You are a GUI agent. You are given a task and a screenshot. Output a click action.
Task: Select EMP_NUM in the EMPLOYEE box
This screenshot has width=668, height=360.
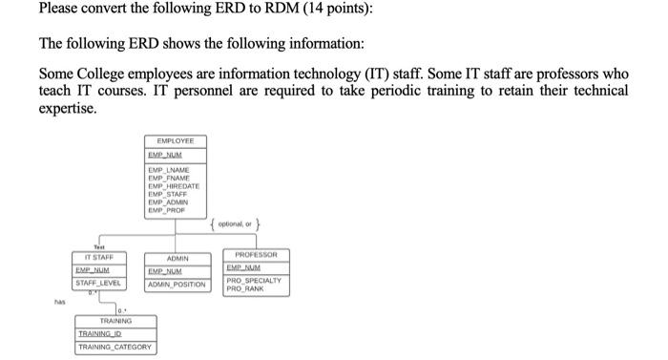click(x=165, y=154)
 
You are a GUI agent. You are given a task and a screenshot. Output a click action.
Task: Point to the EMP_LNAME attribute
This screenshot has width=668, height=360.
click(x=168, y=169)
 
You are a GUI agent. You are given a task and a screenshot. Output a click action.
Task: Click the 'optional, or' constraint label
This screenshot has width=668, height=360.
click(x=234, y=225)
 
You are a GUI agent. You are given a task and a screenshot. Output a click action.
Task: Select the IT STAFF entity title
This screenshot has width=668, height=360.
click(x=98, y=257)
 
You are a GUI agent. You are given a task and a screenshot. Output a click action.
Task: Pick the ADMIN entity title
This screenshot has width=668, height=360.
click(x=177, y=258)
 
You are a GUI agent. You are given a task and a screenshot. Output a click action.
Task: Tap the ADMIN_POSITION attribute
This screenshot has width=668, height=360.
click(x=177, y=284)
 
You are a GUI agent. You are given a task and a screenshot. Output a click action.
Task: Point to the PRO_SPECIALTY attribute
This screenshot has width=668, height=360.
click(x=253, y=280)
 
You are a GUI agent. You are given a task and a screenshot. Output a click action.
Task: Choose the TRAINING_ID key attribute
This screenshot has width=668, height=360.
click(x=100, y=333)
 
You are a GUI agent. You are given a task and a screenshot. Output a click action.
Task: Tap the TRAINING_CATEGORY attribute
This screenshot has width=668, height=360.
click(x=116, y=348)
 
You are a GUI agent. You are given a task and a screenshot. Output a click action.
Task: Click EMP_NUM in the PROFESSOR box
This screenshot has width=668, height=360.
click(x=244, y=268)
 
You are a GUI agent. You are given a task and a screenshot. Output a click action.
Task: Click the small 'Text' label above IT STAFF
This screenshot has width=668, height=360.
click(x=97, y=245)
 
